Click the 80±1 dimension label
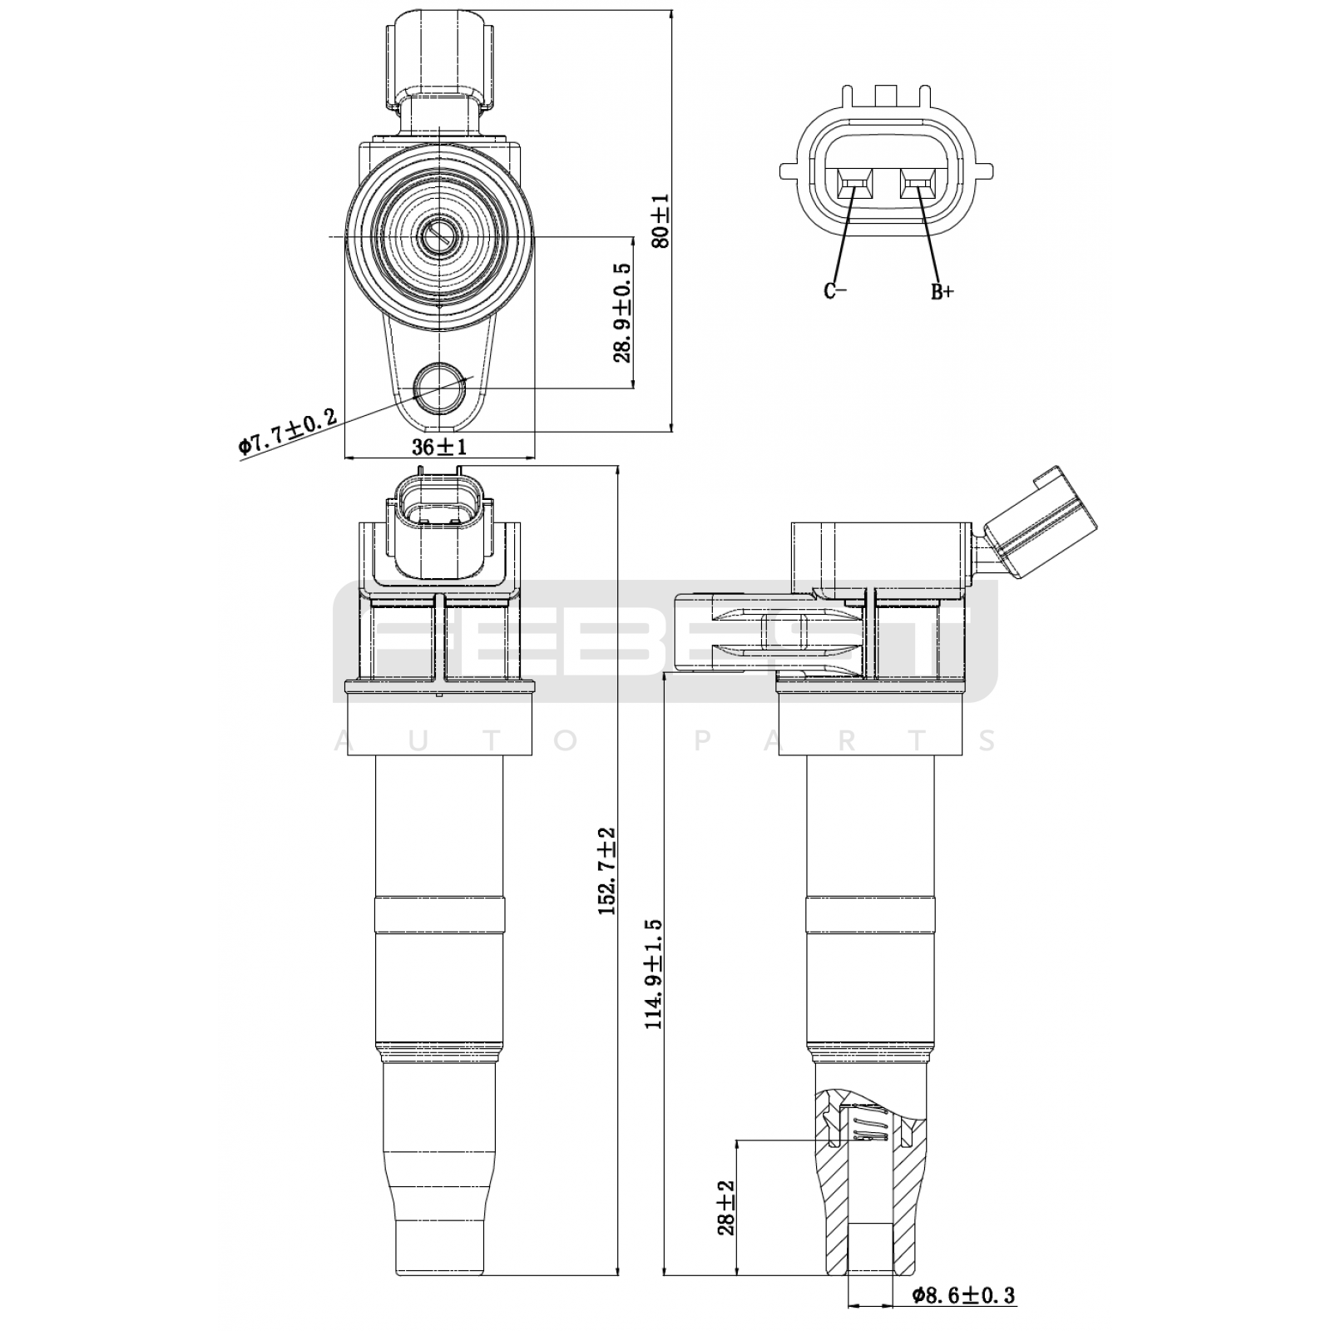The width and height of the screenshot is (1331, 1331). pyautogui.click(x=660, y=221)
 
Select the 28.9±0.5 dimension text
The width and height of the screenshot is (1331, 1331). pyautogui.click(x=622, y=313)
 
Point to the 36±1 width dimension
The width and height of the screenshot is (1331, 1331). pyautogui.click(x=439, y=447)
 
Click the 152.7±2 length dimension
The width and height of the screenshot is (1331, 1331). pyautogui.click(x=606, y=871)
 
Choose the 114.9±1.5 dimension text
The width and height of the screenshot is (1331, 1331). pyautogui.click(x=654, y=973)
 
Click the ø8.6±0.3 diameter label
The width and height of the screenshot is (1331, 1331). pyautogui.click(x=963, y=1295)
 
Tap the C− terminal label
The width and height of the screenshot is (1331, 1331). pyautogui.click(x=835, y=290)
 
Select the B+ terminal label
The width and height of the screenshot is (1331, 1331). pyautogui.click(x=942, y=292)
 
